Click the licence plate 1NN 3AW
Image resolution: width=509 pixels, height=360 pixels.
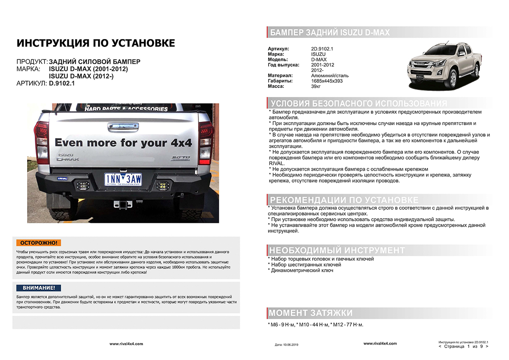click(x=123, y=179)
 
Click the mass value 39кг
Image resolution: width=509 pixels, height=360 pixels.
click(x=316, y=86)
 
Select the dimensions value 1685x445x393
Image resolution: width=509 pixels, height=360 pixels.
click(x=327, y=81)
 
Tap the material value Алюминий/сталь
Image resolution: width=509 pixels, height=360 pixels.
click(x=330, y=76)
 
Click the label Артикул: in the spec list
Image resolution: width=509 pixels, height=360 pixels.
click(x=278, y=49)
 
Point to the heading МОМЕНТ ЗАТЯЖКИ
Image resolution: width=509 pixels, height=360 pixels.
click(x=311, y=313)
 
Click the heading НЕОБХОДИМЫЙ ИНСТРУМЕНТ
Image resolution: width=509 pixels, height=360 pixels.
click(x=337, y=250)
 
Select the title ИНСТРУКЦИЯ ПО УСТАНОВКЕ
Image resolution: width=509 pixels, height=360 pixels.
click(x=95, y=43)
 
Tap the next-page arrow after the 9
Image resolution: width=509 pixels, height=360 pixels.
click(x=486, y=346)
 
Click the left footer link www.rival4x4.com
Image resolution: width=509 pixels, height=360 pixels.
click(x=126, y=343)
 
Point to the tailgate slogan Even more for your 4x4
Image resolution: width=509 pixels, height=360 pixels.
click(x=123, y=143)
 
